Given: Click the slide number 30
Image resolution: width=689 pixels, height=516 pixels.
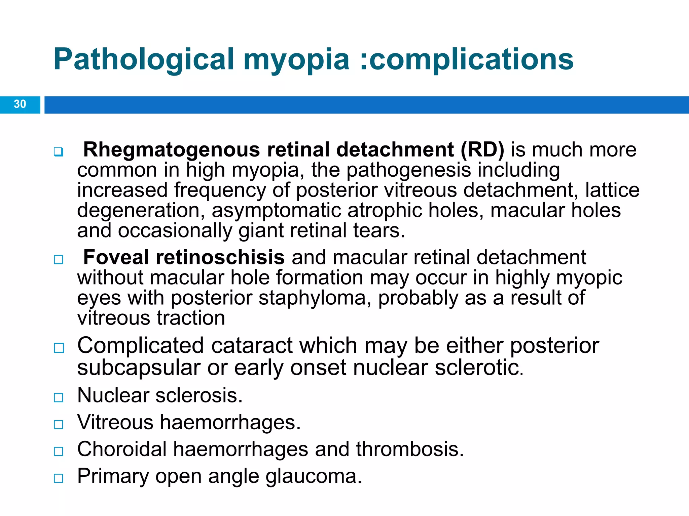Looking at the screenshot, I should (20, 104).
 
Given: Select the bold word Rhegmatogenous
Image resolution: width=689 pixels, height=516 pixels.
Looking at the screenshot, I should (171, 149).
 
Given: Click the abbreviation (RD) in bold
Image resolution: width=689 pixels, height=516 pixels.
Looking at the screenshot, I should (482, 149).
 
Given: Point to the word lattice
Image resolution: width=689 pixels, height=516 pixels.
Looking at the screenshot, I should (612, 190).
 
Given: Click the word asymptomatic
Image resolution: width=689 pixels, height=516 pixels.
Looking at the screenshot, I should (276, 210).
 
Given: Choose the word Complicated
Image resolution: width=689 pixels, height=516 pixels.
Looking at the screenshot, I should (141, 345).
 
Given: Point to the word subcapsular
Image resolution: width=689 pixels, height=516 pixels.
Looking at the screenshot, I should (139, 368).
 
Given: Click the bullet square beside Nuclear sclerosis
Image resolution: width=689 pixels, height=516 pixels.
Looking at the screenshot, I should (59, 398).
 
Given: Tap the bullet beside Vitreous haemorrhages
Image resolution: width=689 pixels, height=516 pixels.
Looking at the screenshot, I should (59, 425).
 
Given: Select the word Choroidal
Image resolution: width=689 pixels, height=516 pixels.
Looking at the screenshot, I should (122, 449).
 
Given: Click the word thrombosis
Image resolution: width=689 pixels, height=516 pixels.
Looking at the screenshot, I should (410, 449).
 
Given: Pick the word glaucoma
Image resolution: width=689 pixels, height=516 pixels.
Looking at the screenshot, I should (314, 476).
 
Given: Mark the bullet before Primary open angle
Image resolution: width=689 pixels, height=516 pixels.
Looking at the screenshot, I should (59, 478).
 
